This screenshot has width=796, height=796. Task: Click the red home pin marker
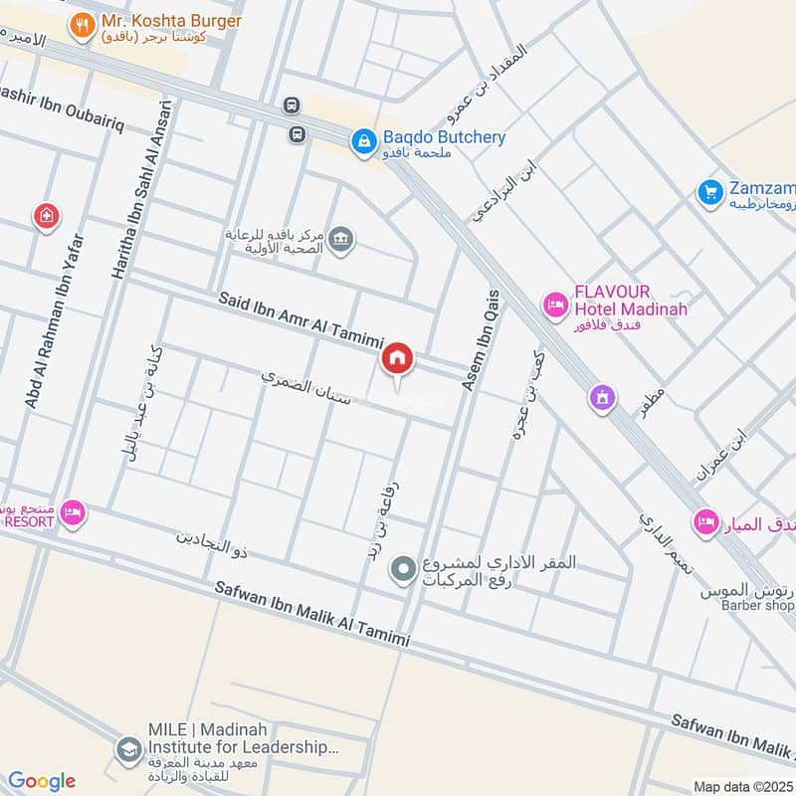tap(398, 358)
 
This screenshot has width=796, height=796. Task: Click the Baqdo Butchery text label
tap(444, 137)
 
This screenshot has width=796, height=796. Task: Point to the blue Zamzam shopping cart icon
tap(709, 191)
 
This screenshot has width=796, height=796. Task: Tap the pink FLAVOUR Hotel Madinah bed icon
tap(553, 303)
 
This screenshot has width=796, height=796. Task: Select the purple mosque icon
tap(602, 398)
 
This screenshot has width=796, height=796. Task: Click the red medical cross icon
tap(46, 216)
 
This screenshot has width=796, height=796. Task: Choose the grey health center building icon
tap(341, 240)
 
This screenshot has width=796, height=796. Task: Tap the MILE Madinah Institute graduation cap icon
tap(128, 750)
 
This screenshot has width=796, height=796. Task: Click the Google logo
tap(42, 781)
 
